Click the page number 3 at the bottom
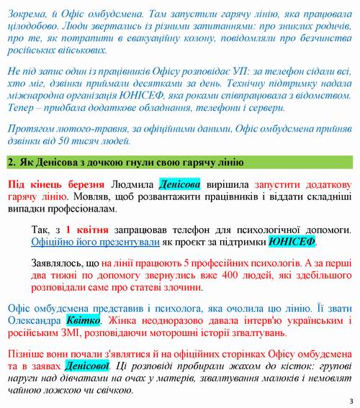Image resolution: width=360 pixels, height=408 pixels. tap(350, 401)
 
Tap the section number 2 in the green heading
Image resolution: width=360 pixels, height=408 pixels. tap(11, 161)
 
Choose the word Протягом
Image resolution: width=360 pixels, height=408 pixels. tap(32, 128)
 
